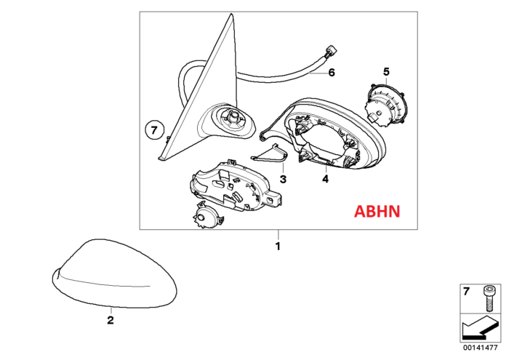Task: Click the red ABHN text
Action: [x=377, y=212]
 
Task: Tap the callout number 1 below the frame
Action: [x=278, y=247]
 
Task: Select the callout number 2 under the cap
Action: [x=111, y=321]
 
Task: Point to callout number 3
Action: [x=283, y=179]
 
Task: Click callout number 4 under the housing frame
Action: [x=326, y=178]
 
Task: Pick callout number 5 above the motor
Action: [x=386, y=71]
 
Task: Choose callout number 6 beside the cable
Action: [x=332, y=73]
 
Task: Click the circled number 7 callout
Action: [x=154, y=130]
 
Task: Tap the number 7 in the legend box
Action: [x=466, y=292]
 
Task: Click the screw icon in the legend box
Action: [x=487, y=298]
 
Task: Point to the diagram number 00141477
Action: [x=480, y=348]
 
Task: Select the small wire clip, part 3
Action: [x=270, y=153]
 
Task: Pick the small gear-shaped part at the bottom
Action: [x=207, y=215]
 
